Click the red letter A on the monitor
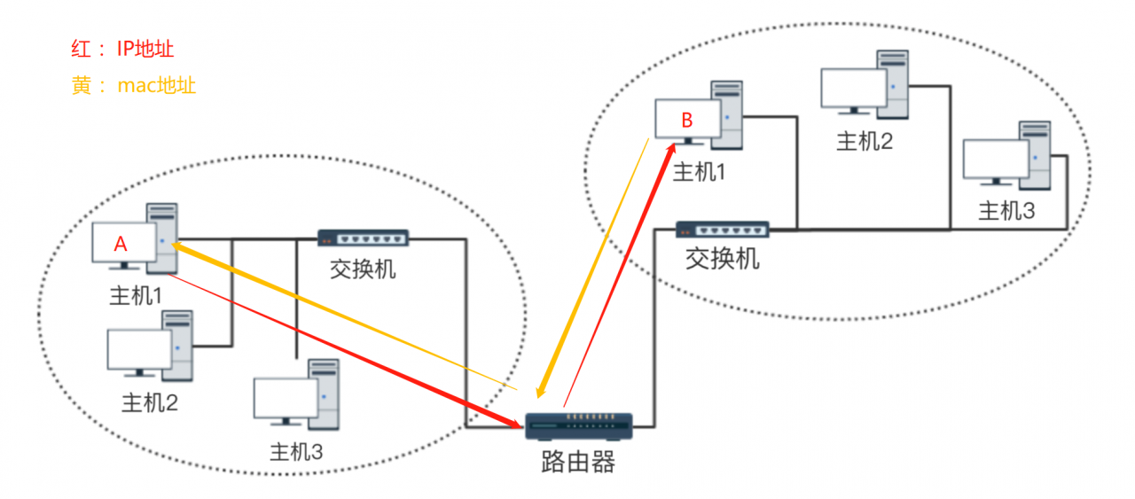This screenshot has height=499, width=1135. click(x=121, y=246)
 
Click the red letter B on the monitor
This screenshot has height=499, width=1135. click(x=686, y=121)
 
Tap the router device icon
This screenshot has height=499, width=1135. click(x=578, y=426)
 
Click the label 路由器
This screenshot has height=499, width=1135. click(x=577, y=462)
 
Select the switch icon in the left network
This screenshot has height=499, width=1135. click(x=363, y=238)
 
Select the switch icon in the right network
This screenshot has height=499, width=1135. click(x=723, y=230)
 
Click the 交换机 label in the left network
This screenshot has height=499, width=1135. click(x=363, y=268)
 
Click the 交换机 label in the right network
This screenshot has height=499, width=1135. click(x=723, y=259)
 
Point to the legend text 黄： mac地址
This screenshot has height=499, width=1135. click(x=133, y=86)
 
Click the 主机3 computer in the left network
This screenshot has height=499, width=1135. click(x=296, y=395)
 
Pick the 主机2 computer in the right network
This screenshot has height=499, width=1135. click(x=865, y=84)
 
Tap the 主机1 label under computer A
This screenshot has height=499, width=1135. click(x=135, y=296)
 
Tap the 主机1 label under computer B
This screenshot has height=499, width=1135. click(x=699, y=172)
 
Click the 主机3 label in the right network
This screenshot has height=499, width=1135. click(x=1006, y=212)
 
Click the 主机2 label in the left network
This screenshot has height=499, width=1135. click(x=150, y=403)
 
